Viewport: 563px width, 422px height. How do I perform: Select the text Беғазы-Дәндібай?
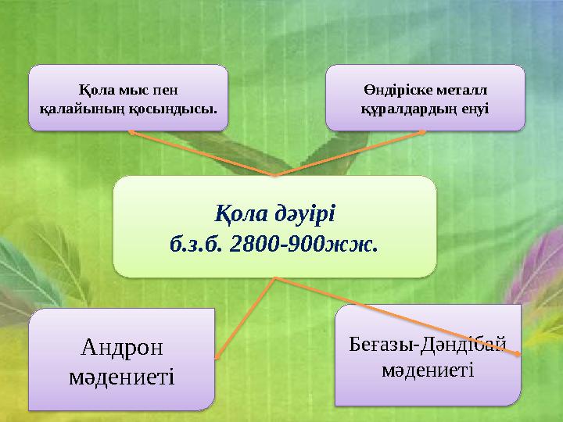[x=428, y=342]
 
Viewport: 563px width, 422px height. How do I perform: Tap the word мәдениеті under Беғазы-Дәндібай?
[x=428, y=368]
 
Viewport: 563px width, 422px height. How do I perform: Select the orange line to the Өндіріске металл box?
[x=348, y=153]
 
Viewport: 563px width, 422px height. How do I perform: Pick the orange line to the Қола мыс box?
[x=203, y=154]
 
